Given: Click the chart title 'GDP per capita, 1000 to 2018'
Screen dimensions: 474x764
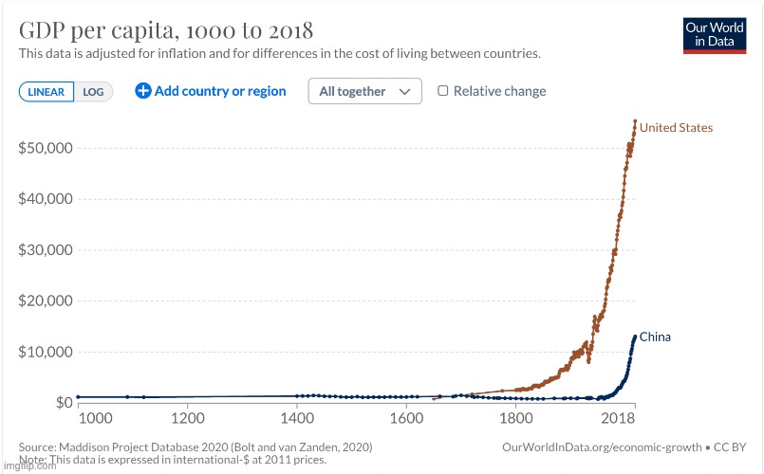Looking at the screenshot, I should [x=166, y=28].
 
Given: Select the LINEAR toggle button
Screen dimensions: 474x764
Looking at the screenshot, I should [x=47, y=92].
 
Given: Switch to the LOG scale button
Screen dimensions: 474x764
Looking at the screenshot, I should [x=94, y=92].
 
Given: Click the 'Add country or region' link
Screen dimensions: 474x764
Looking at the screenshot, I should [x=211, y=91].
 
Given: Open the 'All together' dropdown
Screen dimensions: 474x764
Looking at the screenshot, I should [x=364, y=91].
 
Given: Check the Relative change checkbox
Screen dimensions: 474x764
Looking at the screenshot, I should [x=443, y=91].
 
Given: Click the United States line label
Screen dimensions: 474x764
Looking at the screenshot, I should [x=676, y=127].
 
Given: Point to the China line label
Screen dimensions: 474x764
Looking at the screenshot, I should [x=655, y=337].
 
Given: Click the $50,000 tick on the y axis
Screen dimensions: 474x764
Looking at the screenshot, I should [x=47, y=148].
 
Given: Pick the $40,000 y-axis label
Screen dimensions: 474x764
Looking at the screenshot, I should [x=47, y=199].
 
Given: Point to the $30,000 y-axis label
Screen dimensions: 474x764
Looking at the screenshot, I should [x=47, y=250].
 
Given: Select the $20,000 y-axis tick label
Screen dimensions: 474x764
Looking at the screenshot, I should [x=47, y=301].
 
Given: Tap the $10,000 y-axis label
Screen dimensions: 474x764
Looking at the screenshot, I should [x=47, y=352].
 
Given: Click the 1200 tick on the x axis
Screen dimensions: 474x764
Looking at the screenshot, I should [x=188, y=418].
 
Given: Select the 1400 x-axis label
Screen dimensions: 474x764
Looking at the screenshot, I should [x=297, y=418].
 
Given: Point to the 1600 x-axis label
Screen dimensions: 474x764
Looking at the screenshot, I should [x=406, y=418].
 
